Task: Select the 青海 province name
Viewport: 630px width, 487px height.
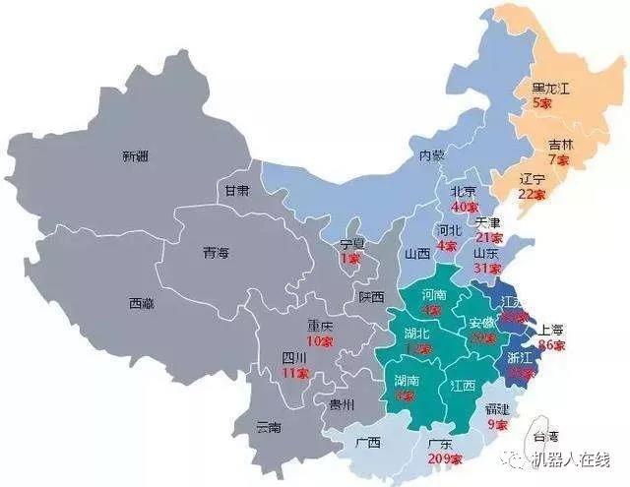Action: pos(216,253)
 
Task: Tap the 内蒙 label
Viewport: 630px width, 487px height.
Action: pos(433,155)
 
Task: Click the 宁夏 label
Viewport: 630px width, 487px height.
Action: pos(352,243)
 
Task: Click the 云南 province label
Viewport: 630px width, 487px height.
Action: pos(268,427)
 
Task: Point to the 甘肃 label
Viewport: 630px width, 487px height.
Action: pos(236,191)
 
